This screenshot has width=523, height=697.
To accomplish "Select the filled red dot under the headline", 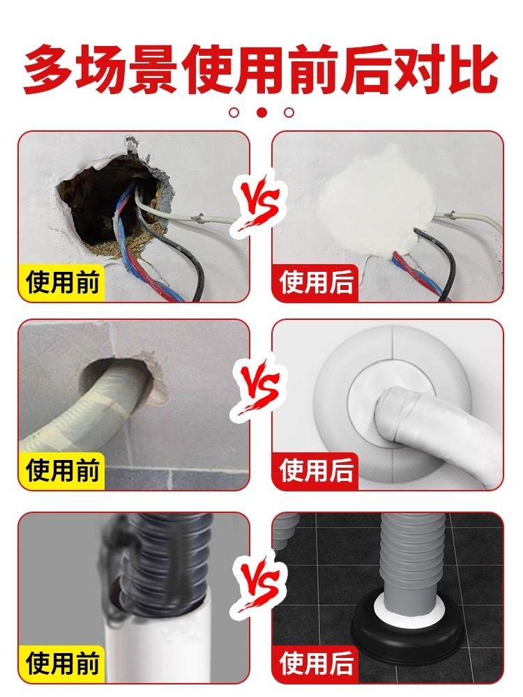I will (x=262, y=112).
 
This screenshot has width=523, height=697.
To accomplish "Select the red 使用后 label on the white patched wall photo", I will (x=317, y=283).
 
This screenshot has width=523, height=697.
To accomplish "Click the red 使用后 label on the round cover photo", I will (x=317, y=470).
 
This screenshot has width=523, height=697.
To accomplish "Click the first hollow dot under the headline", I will (x=234, y=112).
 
